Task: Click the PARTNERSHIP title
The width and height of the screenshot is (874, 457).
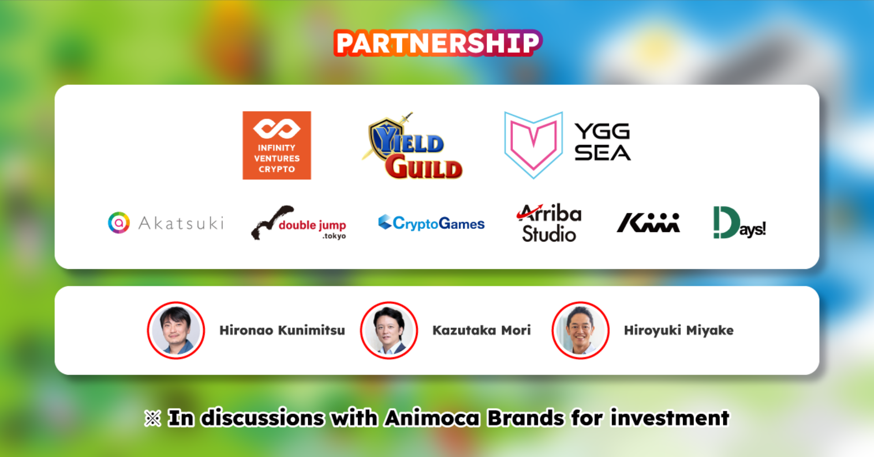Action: pyautogui.click(x=438, y=43)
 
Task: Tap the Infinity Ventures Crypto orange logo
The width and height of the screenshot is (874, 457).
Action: pyautogui.click(x=277, y=145)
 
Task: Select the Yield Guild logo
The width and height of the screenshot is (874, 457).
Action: pyautogui.click(x=412, y=146)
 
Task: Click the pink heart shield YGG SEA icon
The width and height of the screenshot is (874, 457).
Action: pyautogui.click(x=534, y=145)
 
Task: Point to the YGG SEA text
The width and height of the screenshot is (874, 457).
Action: pyautogui.click(x=602, y=142)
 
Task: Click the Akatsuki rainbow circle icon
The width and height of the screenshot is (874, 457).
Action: pyautogui.click(x=119, y=223)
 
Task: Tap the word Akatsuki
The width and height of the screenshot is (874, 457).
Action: pyautogui.click(x=181, y=223)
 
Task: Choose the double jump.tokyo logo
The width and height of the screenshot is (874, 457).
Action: pyautogui.click(x=299, y=223)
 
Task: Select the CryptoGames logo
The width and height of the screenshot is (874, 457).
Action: pyautogui.click(x=431, y=223)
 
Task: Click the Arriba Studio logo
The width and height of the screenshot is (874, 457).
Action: pyautogui.click(x=549, y=223)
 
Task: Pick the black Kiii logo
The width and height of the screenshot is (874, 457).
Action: pyautogui.click(x=648, y=223)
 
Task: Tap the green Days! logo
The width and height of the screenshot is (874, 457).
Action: pyautogui.click(x=739, y=223)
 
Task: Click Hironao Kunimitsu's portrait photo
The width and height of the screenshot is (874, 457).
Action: pyautogui.click(x=176, y=330)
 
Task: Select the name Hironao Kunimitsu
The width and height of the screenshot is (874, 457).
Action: pyautogui.click(x=282, y=330)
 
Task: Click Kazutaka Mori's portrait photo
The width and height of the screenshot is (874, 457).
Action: pyautogui.click(x=389, y=330)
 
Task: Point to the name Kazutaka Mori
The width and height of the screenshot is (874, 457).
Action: pyautogui.click(x=482, y=330)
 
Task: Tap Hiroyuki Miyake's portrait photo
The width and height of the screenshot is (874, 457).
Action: pyautogui.click(x=580, y=330)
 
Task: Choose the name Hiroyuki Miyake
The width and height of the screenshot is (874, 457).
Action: pyautogui.click(x=679, y=330)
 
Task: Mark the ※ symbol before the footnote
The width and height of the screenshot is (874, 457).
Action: pyautogui.click(x=152, y=418)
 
